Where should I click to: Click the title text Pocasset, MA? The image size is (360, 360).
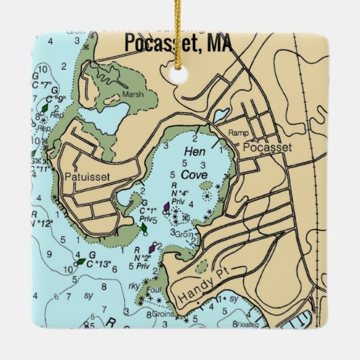tap(178, 43)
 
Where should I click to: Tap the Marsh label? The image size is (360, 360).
tap(133, 95)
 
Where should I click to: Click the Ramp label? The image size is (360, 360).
tap(236, 132)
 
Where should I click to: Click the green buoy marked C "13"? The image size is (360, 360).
tap(81, 261)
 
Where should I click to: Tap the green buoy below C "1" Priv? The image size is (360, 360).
tap(144, 229)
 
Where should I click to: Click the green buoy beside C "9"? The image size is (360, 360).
tap(44, 107)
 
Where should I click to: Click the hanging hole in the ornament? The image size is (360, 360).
tap(180, 75)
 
